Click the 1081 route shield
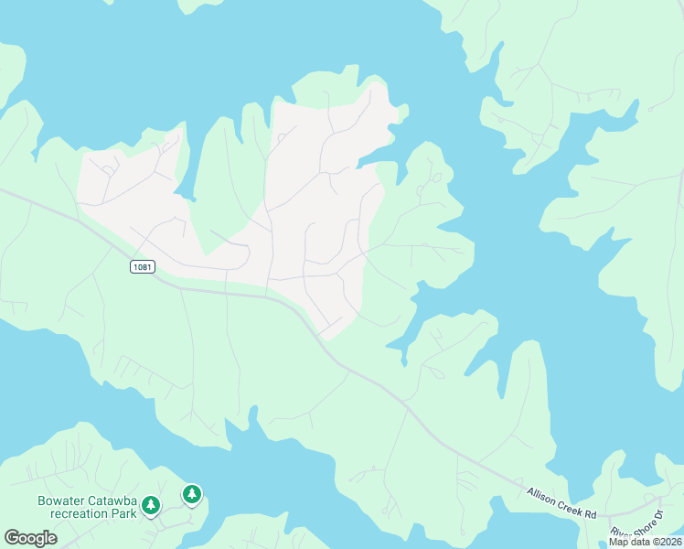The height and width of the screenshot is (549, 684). click(x=142, y=266)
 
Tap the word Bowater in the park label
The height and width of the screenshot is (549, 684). click(x=61, y=501)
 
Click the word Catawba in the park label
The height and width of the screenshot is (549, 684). click(x=111, y=501)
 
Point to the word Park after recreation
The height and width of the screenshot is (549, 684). click(x=124, y=513)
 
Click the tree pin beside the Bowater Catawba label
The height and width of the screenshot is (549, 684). click(x=151, y=504)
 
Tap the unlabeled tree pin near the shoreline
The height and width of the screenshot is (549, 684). click(x=191, y=495)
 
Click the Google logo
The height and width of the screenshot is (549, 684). click(x=30, y=538)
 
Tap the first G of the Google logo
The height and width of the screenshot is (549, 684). click(x=11, y=538)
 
